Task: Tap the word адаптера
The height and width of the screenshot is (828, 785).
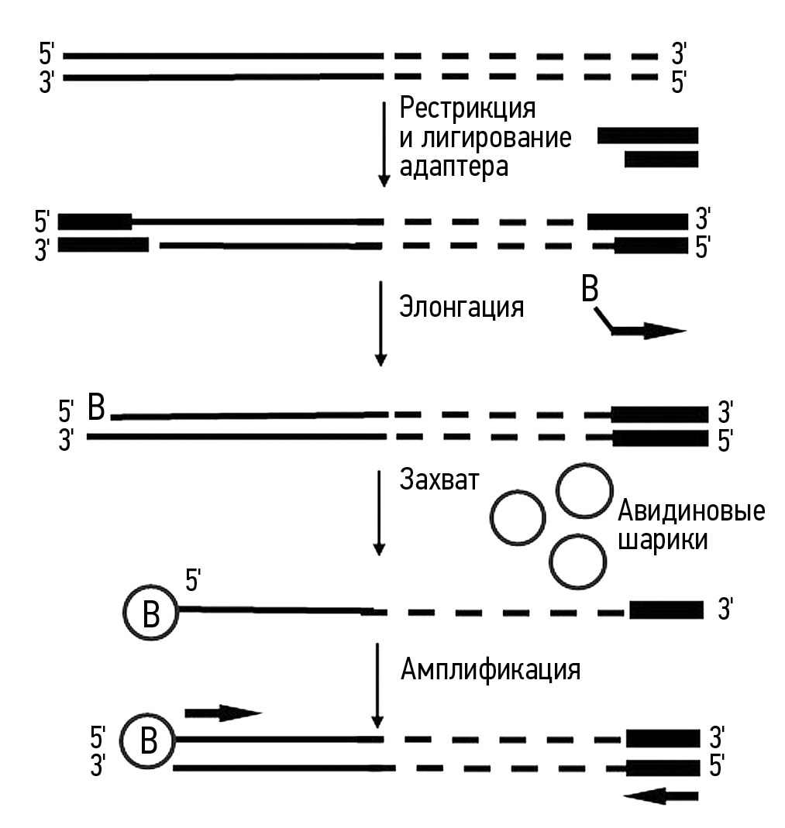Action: click(x=454, y=167)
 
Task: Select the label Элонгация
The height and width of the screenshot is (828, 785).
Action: click(x=462, y=307)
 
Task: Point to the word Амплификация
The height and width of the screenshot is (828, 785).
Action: click(x=491, y=668)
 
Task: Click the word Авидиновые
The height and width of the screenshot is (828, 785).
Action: click(x=690, y=512)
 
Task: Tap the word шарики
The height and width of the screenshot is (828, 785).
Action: click(x=662, y=541)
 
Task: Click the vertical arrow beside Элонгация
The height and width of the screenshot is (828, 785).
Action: click(x=380, y=323)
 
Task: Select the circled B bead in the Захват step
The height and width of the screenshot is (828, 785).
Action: click(x=152, y=612)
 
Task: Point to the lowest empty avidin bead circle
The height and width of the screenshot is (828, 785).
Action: click(x=577, y=562)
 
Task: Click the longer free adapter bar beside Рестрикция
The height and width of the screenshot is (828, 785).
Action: click(x=648, y=136)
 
